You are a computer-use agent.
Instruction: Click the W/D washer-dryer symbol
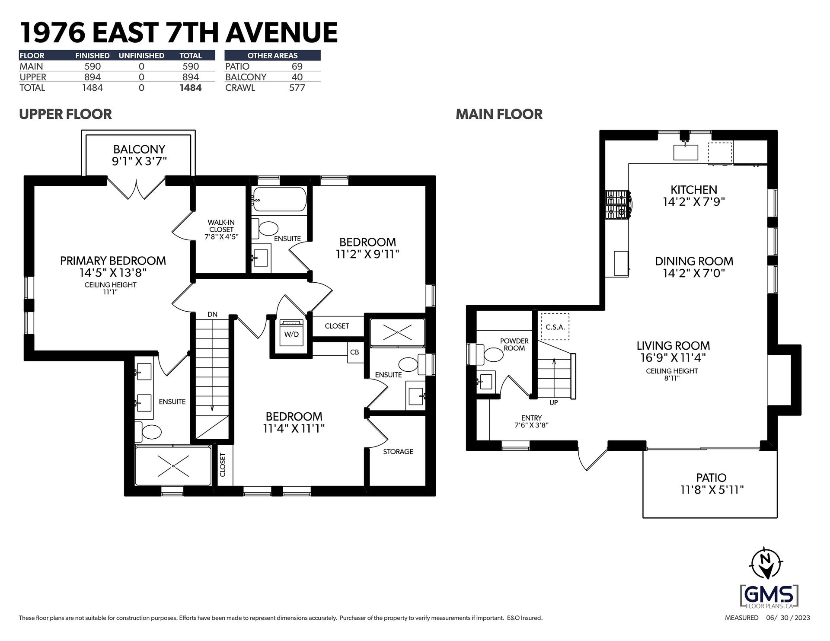tap(292, 332)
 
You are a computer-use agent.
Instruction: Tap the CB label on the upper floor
tap(354, 352)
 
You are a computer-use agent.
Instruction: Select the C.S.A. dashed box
tap(555, 327)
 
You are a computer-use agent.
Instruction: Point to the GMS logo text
tap(769, 595)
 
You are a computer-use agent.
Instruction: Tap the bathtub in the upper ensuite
tap(279, 199)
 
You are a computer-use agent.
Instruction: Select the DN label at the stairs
tap(212, 314)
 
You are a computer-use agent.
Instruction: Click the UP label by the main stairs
tap(553, 402)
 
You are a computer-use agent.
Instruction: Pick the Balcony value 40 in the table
tap(297, 77)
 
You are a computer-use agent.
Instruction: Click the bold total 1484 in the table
tap(190, 88)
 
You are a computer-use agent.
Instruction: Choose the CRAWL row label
tap(240, 88)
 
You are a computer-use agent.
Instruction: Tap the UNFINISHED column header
tap(141, 55)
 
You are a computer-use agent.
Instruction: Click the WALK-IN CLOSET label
tap(221, 230)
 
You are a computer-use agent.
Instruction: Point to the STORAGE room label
tap(398, 452)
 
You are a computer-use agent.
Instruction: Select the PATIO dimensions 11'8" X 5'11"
tap(711, 490)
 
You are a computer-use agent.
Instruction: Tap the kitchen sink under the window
tap(686, 153)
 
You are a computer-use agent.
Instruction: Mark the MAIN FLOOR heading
tap(499, 114)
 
